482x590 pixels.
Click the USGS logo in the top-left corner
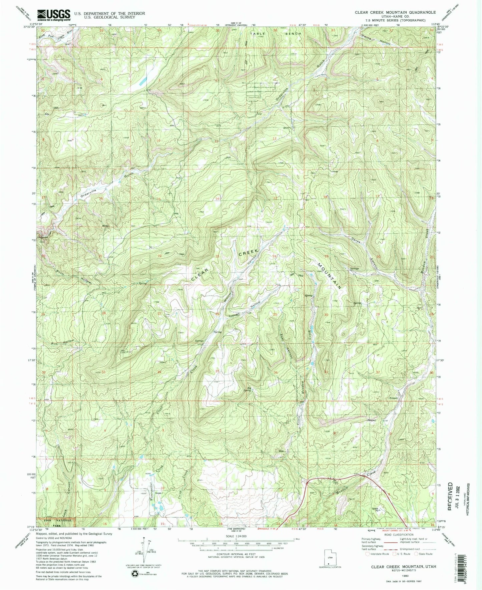[54, 15]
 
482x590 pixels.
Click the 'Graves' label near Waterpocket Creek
[158, 493]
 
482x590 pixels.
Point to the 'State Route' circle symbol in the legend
[416, 554]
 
